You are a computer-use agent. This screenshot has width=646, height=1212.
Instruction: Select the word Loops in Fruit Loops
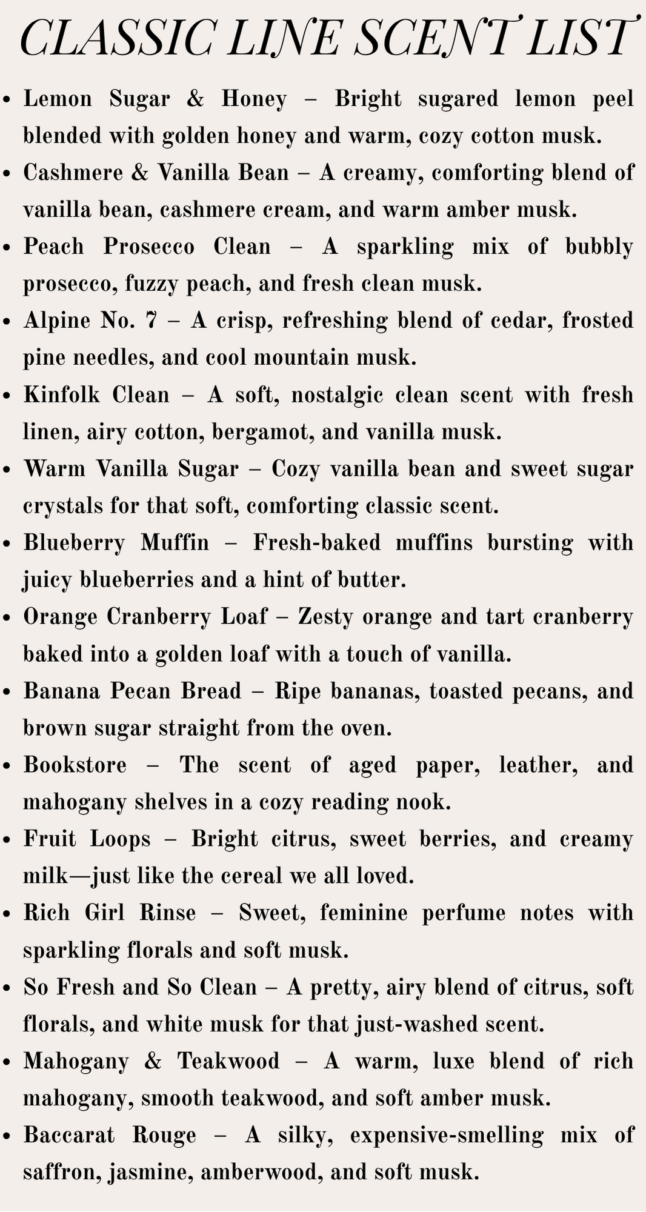click(120, 839)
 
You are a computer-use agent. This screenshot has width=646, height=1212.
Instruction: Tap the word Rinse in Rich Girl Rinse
click(168, 913)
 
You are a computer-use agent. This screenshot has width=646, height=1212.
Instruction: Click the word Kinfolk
click(59, 395)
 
